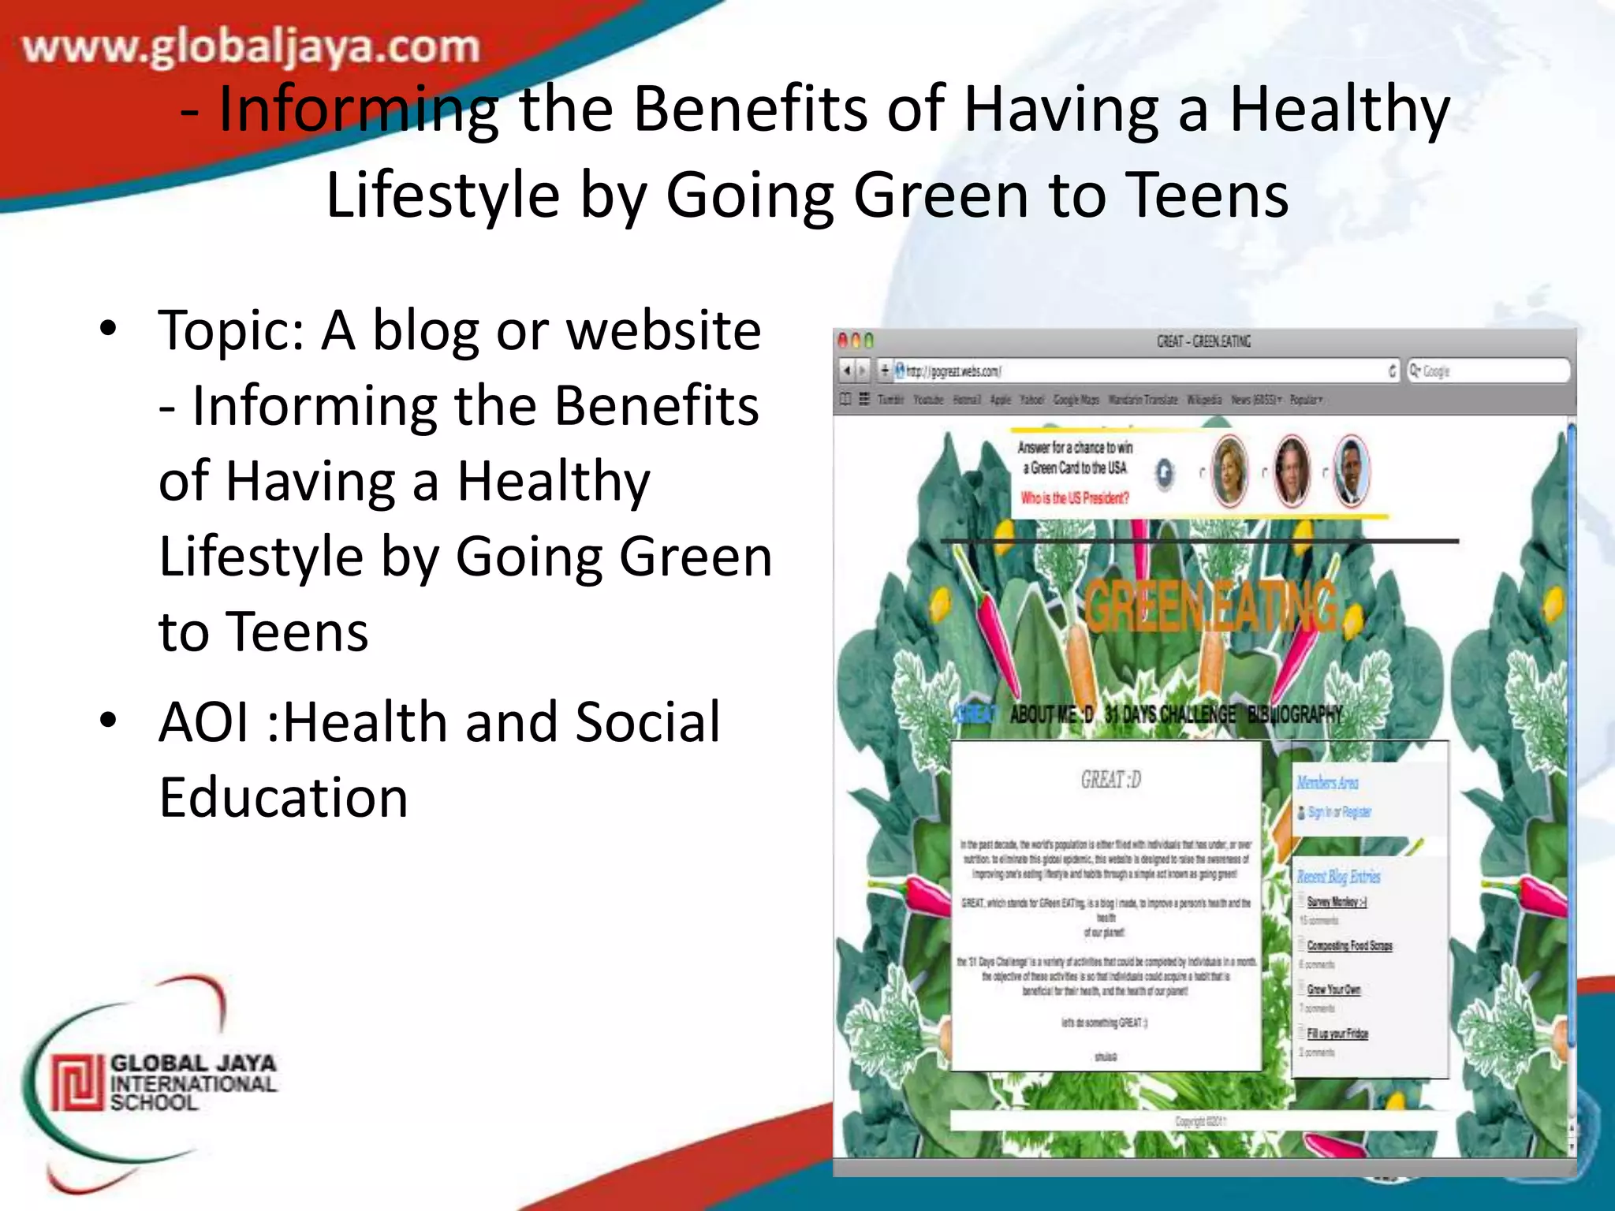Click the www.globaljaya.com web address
[x=251, y=47]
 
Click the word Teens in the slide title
[x=1207, y=196]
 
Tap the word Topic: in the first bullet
[x=230, y=331]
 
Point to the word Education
[x=284, y=798]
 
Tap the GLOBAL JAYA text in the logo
[x=193, y=1063]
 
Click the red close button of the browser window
[x=842, y=341]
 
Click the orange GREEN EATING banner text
[x=1210, y=607]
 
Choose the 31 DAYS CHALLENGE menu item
[x=1169, y=715]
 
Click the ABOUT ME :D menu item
[x=1051, y=715]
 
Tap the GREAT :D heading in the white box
[x=1110, y=780]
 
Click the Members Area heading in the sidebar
[x=1327, y=782]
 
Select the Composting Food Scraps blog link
[x=1349, y=945]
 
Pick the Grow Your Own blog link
[x=1333, y=989]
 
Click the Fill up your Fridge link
[x=1337, y=1034]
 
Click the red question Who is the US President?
[x=1075, y=498]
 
